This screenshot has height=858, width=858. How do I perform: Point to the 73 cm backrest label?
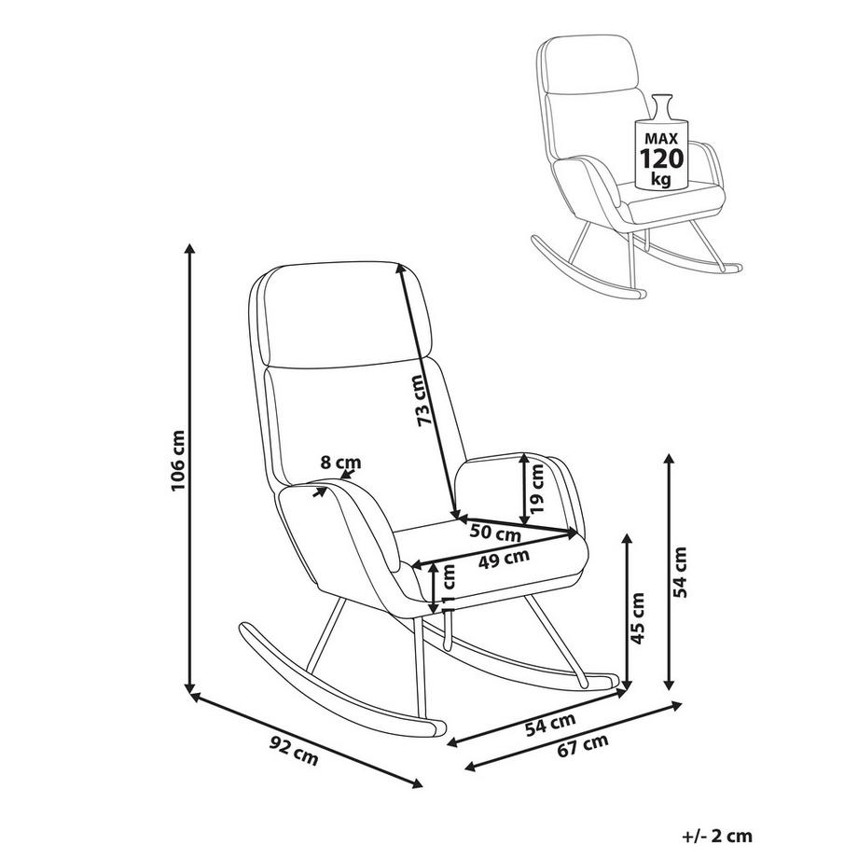pyautogui.click(x=425, y=402)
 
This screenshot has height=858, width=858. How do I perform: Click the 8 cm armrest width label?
pyautogui.click(x=340, y=462)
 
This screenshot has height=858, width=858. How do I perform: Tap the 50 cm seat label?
pyautogui.click(x=495, y=534)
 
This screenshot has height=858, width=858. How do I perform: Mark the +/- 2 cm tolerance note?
pyautogui.click(x=716, y=836)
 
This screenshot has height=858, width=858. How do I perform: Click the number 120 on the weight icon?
pyautogui.click(x=661, y=158)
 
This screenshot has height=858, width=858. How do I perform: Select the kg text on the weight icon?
pyautogui.click(x=661, y=178)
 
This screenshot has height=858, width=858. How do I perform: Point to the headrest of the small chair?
pyautogui.click(x=591, y=65)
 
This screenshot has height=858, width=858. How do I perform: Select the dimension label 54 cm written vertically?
pyautogui.click(x=681, y=572)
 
